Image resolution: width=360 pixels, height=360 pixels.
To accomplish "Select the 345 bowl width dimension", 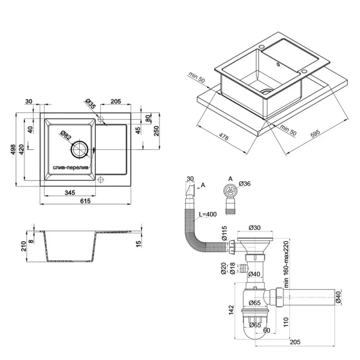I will point(70,193).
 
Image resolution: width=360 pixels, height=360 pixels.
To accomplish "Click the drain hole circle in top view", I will point(80,149).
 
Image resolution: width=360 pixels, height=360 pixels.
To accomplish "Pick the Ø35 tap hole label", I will point(91,104).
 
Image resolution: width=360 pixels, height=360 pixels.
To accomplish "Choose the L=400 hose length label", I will point(207,214).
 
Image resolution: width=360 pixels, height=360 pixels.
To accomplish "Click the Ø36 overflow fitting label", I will point(245,184).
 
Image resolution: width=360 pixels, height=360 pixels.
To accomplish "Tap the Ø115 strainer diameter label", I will point(224,234).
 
